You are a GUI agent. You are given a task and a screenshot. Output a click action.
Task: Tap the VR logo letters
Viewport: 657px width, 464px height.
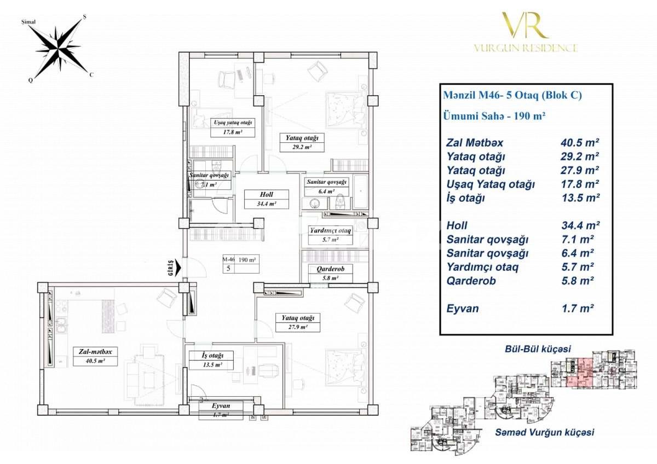coord(525,25)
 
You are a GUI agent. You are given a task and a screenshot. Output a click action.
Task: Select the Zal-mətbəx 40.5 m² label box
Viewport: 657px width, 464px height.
coord(94,356)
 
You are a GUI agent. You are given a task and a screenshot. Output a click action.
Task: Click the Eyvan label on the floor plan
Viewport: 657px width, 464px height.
coord(221,410)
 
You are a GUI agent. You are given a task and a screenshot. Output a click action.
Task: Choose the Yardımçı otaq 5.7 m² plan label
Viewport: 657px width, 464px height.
coord(330,235)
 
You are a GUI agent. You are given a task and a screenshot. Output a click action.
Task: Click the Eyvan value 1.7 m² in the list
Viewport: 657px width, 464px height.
coord(575,309)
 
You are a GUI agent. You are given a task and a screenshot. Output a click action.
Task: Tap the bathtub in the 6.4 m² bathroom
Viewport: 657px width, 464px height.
coord(361,192)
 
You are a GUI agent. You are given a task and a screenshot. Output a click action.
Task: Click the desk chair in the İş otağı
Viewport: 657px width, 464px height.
coord(267,369)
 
